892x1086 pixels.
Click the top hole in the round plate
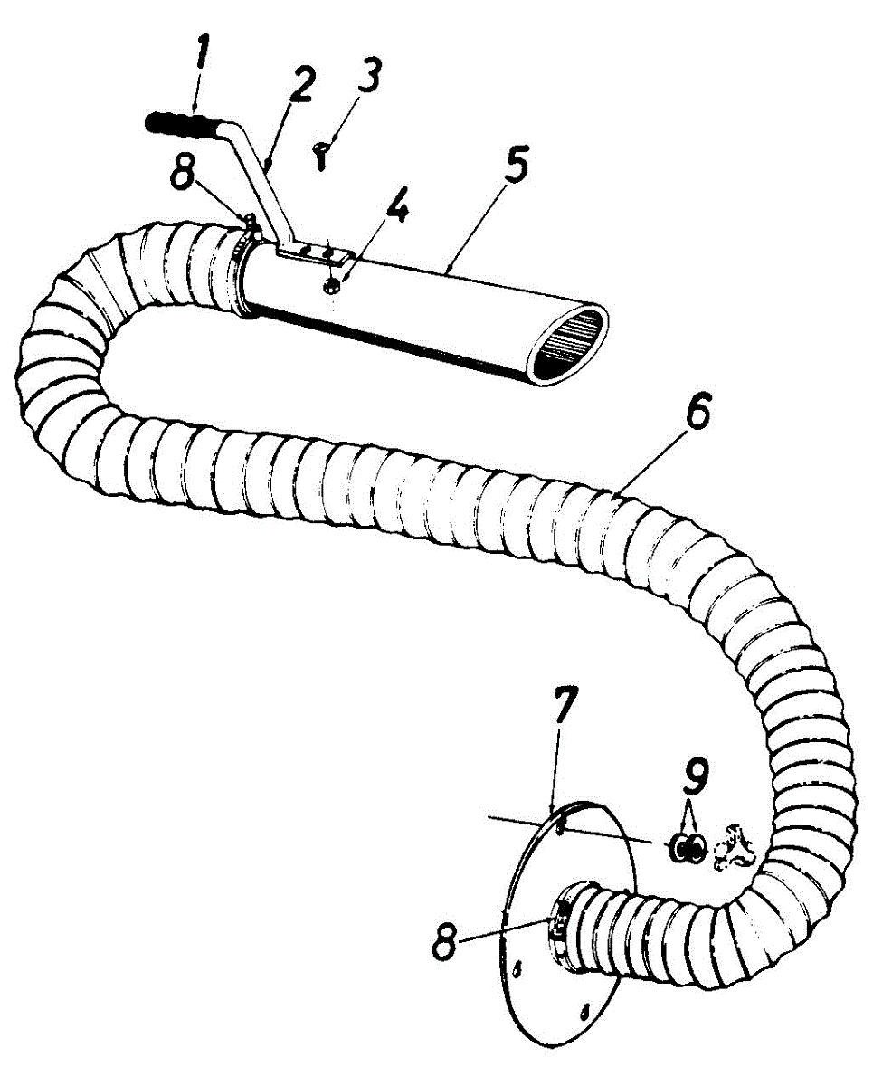[562, 824]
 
